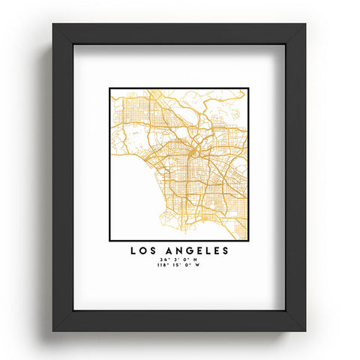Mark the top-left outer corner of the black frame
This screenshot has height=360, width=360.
pos(53,24)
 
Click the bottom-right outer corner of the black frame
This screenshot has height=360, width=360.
pos(306,331)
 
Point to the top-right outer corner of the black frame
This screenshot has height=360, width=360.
pos(306,24)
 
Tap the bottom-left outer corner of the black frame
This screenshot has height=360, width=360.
pos(53,331)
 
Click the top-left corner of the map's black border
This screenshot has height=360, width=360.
pos(109,88)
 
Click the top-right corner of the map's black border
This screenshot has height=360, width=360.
pos(248,88)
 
